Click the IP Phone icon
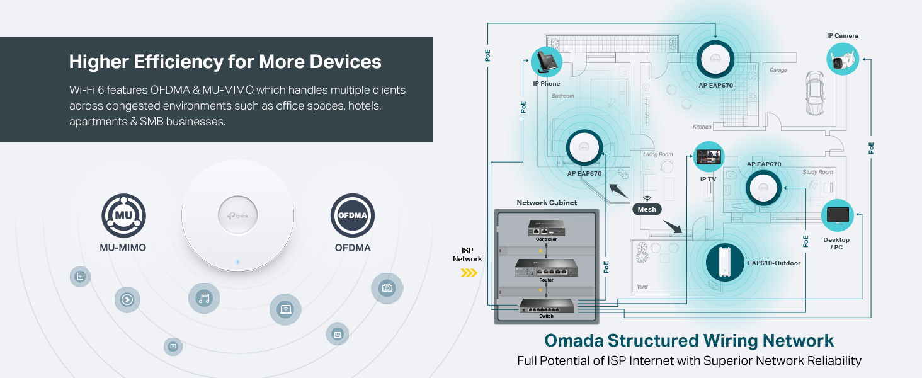pyautogui.click(x=546, y=62)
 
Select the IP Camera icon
pyautogui.click(x=843, y=59)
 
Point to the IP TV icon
pyautogui.click(x=709, y=157)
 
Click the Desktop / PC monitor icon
pyautogui.click(x=838, y=215)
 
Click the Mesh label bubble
pyautogui.click(x=647, y=209)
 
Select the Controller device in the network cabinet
pyautogui.click(x=546, y=228)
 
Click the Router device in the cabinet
pyautogui.click(x=546, y=269)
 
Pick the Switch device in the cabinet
pyautogui.click(x=546, y=307)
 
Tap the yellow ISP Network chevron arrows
pyautogui.click(x=469, y=273)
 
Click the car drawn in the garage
pyautogui.click(x=815, y=94)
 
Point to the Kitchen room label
pyautogui.click(x=702, y=127)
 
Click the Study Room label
pyautogui.click(x=817, y=172)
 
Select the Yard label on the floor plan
pyautogui.click(x=642, y=287)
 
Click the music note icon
pyautogui.click(x=204, y=298)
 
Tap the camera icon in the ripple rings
pyautogui.click(x=387, y=288)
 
